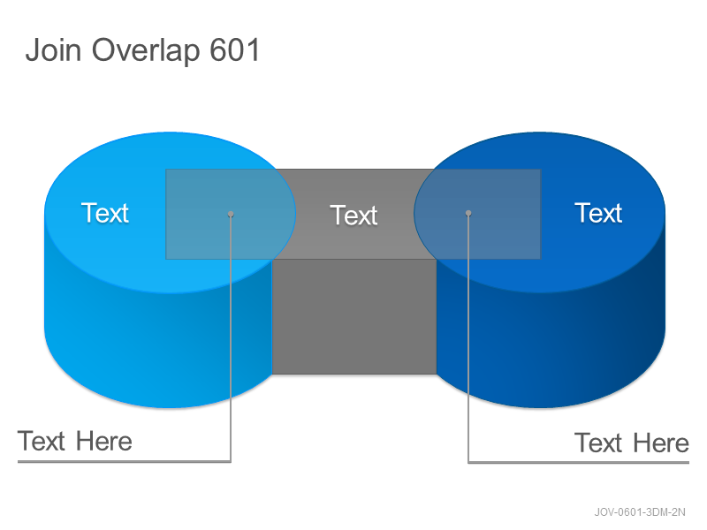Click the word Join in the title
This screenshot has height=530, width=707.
(x=54, y=49)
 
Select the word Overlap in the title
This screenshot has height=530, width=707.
(x=146, y=51)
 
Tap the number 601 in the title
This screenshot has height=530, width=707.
(x=235, y=49)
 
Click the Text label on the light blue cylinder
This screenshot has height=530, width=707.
(x=105, y=213)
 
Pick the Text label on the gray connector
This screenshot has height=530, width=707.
(x=353, y=215)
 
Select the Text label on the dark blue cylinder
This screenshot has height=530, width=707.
(x=598, y=213)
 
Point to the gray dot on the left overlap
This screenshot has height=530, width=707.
(x=231, y=214)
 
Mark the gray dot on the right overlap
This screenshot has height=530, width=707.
(x=468, y=213)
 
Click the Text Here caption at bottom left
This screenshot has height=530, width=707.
(x=75, y=441)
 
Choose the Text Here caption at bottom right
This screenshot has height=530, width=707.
(x=632, y=443)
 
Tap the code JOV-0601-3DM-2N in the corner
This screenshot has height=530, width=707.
(x=639, y=512)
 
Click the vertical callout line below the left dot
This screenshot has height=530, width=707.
(x=231, y=338)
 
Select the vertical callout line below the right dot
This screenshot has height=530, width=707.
(x=468, y=338)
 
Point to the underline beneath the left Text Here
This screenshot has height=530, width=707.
(x=124, y=461)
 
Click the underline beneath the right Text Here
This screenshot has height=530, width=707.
(x=579, y=462)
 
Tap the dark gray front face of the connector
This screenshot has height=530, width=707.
(x=354, y=316)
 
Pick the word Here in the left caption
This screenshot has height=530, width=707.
(x=104, y=441)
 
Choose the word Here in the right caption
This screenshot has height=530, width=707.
(x=661, y=443)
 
